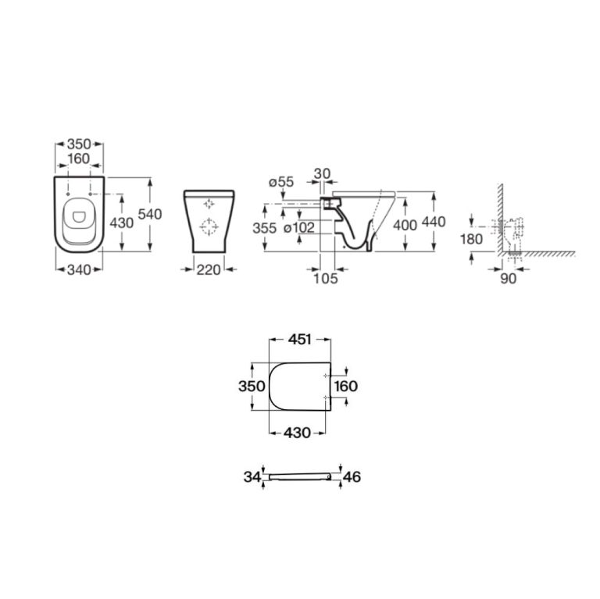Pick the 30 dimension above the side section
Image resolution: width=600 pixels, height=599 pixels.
click(x=322, y=173)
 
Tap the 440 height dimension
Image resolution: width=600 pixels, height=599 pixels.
click(x=433, y=222)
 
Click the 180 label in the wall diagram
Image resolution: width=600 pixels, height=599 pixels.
click(x=471, y=239)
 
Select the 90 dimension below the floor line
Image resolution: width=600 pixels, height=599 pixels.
click(x=508, y=279)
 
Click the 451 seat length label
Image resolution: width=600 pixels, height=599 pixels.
click(x=300, y=339)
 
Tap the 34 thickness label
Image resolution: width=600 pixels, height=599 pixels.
click(x=252, y=476)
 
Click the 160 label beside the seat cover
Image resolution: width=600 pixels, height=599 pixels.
click(x=346, y=386)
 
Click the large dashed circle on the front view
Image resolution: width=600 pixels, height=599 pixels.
click(x=209, y=227)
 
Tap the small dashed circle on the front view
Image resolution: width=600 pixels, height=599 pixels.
click(x=209, y=203)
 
